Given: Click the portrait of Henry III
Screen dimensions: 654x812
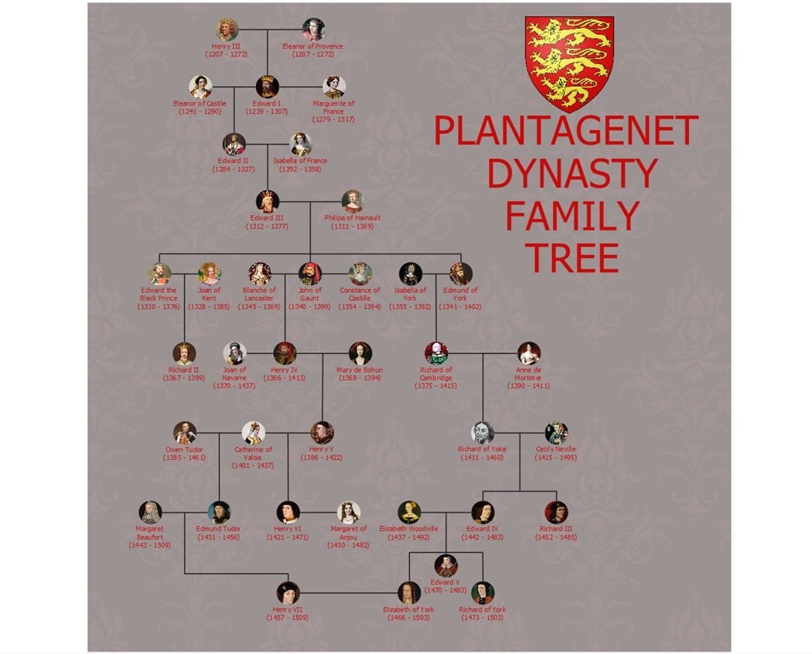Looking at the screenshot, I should coord(227,29).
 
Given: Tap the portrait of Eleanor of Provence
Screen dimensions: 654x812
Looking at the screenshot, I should coord(313,29).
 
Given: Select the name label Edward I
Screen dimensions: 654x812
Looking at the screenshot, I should coord(267,104).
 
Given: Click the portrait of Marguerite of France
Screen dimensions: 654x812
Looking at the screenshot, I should coord(333,87).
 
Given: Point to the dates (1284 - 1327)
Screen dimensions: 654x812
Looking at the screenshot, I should coord(234,169).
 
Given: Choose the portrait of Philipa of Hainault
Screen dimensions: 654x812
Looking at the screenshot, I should coord(353,201).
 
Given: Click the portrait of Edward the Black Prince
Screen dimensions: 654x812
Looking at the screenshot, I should coord(159,274).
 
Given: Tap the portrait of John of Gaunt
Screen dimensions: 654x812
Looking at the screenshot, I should coord(309,274).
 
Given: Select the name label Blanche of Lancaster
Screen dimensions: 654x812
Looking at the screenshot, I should coord(259,295).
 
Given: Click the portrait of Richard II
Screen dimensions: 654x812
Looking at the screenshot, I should coord(184,353).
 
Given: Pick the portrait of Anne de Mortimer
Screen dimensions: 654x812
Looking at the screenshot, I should coord(529,353).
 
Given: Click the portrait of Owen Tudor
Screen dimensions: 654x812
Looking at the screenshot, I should coord(185,432).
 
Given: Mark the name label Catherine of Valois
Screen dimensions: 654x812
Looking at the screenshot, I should coord(254,453).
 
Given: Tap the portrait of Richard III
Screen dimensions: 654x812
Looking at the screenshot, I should coord(556,512).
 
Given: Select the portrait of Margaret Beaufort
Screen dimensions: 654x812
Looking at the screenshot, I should coord(150,512).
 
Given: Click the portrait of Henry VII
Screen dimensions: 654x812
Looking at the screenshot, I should coord(288,592).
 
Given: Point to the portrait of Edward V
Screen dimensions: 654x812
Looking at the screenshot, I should coord(445,566).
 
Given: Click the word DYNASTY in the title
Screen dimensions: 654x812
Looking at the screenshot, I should coord(572,173).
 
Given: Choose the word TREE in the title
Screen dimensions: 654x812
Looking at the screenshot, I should coord(572,257).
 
